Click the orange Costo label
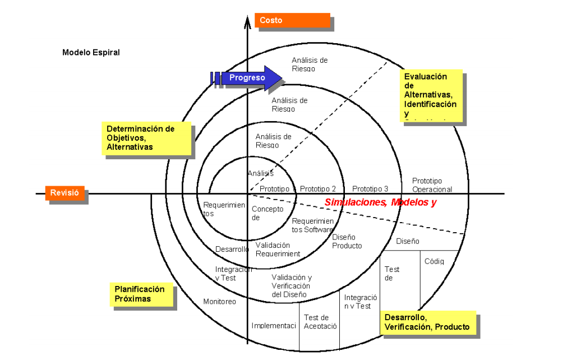pos(292,20)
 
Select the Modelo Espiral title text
pos(91,52)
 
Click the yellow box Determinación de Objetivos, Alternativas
pos(146,138)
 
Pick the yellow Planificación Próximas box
pos(141,294)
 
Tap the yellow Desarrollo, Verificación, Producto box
pos(427,322)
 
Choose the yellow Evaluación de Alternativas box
pos(431,95)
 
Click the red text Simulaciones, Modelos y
pos(380,202)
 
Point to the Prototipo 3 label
pos(370,189)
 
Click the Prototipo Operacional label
pos(432,185)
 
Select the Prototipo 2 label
pos(318,189)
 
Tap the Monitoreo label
pos(219,302)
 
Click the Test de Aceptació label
pos(320,322)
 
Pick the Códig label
pos(434,261)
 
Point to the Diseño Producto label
pos(347,241)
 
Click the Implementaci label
pos(274,326)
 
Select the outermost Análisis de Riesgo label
pos(310,64)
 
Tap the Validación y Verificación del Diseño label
pos(292,286)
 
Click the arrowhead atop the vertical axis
pos(247,22)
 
